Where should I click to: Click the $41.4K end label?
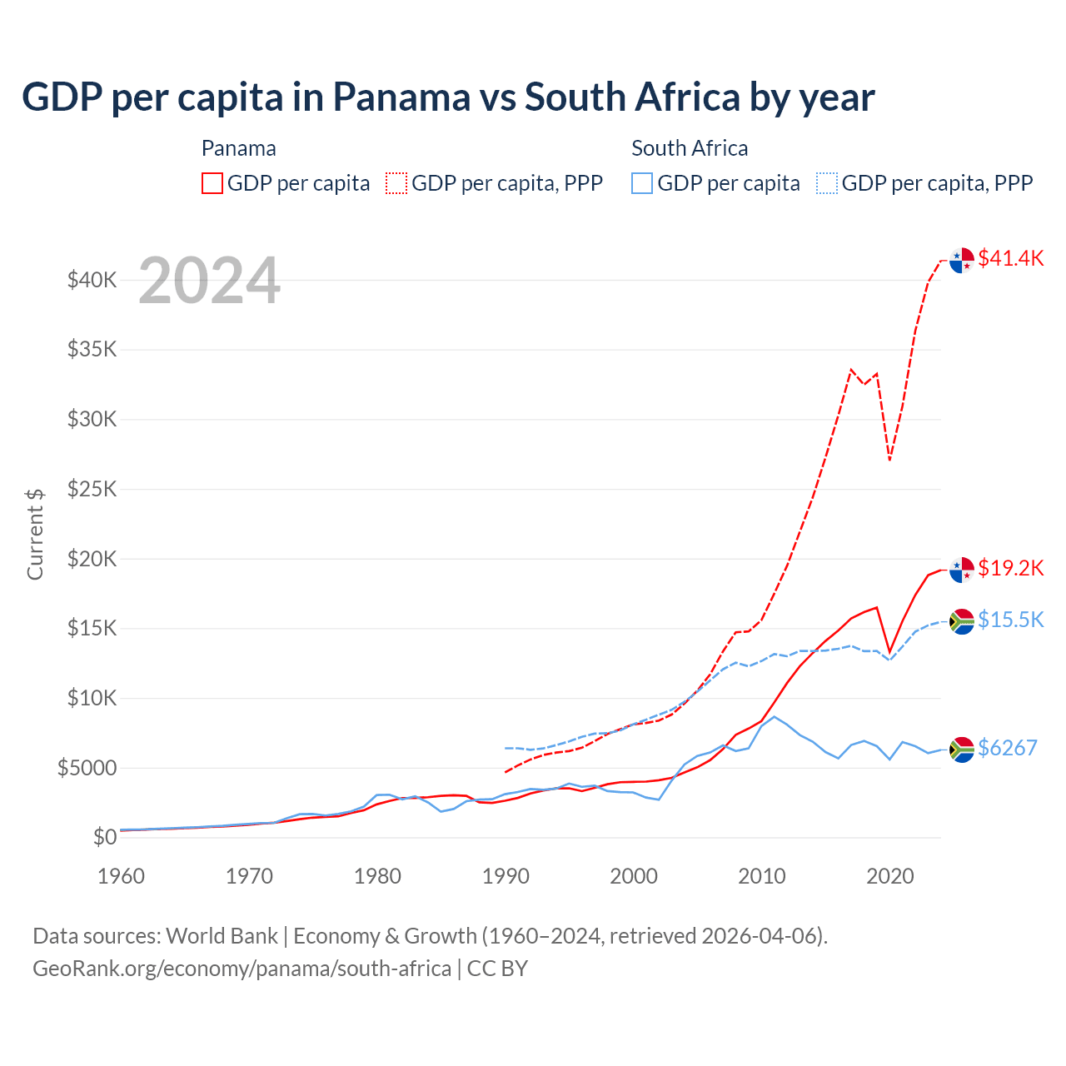[x=1010, y=258]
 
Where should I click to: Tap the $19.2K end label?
[x=1010, y=568]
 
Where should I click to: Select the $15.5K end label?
[x=1010, y=620]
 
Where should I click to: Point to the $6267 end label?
[x=1007, y=748]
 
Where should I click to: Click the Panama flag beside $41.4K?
[x=962, y=260]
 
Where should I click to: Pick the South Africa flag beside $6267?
[x=962, y=750]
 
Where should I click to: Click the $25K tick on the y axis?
[x=92, y=489]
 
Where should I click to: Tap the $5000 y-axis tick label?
[x=87, y=768]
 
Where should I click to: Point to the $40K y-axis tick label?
[x=92, y=280]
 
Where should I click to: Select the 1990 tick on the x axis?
[x=506, y=876]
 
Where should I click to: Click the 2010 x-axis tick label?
[x=762, y=876]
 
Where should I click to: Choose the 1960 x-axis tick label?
[x=122, y=876]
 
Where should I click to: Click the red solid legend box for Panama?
[x=212, y=183]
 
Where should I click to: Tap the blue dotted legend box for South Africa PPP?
[x=827, y=183]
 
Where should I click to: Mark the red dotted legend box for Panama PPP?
[x=397, y=183]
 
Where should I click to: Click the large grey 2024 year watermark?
[x=209, y=281]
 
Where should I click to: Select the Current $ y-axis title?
[x=35, y=534]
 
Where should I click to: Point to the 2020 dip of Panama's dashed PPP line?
[x=889, y=459]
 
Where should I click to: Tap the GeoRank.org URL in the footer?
[x=242, y=969]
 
